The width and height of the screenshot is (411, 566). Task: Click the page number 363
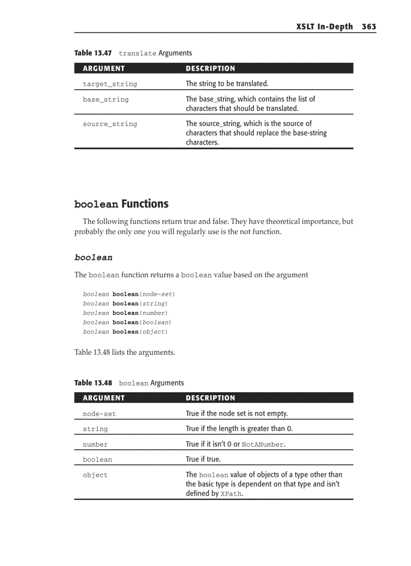coord(368,27)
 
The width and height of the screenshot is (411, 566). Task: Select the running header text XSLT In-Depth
coord(324,27)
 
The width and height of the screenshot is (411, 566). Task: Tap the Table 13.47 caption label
coord(93,53)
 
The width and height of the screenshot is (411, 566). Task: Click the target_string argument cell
coord(110,84)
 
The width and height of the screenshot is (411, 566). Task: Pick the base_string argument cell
coord(106,99)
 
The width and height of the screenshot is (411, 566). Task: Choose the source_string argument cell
coord(110,124)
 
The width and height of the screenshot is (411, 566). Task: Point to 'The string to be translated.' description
coord(227,84)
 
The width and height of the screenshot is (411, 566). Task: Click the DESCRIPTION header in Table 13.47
coord(210,69)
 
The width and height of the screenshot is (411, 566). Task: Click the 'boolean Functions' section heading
coord(121,204)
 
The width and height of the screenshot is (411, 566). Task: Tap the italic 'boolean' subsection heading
coord(93,258)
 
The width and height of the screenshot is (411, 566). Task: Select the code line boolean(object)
coord(125,332)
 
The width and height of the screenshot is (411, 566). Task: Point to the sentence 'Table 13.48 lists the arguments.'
coord(124,352)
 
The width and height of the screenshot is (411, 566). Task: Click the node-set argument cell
coord(99,414)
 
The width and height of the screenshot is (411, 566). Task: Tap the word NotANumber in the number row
coord(263,445)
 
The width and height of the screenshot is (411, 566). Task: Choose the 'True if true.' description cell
coord(203,459)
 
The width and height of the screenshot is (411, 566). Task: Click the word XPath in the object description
coord(231,494)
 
